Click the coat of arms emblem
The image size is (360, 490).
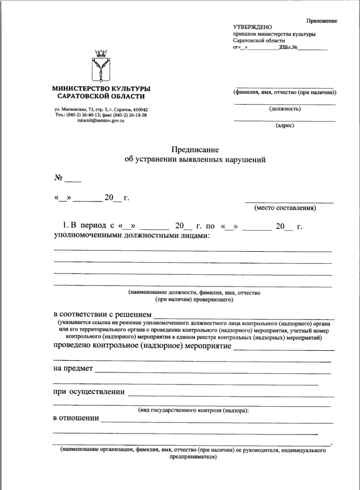[101, 66]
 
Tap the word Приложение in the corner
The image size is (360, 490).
[321, 21]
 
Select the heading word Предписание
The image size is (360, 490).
[195, 149]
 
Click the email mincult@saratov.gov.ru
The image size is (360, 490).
[101, 120]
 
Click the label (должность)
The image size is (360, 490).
[285, 109]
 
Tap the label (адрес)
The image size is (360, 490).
[285, 126]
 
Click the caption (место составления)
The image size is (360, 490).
[285, 208]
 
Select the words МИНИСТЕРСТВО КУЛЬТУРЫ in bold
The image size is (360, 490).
[101, 89]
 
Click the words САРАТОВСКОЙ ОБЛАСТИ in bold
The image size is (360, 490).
[101, 96]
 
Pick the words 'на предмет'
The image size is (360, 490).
[73, 368]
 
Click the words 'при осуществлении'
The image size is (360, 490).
[89, 392]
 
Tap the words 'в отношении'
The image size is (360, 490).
[76, 418]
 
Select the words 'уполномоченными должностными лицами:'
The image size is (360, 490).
[131, 236]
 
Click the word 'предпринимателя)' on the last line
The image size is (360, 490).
[193, 457]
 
